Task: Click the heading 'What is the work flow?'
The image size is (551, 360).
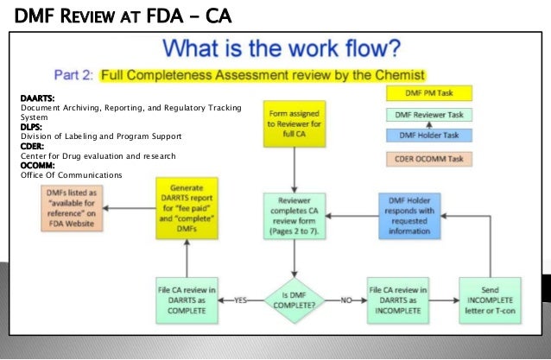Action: point(282,48)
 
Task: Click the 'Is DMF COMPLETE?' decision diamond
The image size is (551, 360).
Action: point(295,299)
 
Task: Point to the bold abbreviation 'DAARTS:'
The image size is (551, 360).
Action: point(37,98)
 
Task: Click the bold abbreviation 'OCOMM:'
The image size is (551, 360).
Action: point(38,166)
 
